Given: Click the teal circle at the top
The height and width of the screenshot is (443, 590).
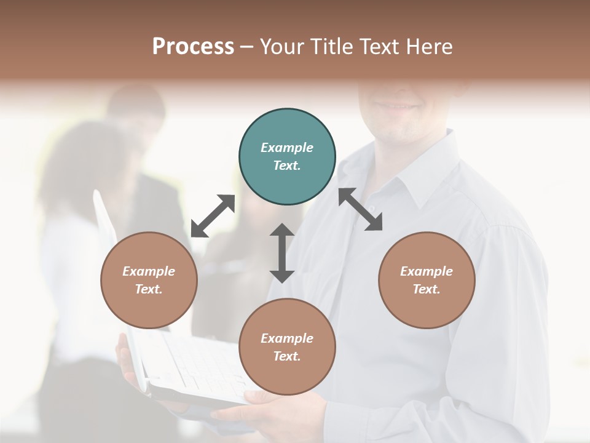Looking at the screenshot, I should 287,157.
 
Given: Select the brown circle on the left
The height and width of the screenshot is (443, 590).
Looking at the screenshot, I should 149,280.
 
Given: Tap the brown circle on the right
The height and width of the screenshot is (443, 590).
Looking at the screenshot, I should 427,280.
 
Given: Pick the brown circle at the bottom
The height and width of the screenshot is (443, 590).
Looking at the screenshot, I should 287,347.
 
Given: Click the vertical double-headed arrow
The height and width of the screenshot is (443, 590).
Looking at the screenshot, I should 282,253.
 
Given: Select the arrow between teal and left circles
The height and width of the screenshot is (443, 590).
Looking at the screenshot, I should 213,216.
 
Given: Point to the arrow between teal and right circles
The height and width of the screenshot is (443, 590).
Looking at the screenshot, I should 360,209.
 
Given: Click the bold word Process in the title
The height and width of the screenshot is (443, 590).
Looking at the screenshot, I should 193,46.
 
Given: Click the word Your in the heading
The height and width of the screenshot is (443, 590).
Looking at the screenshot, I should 281,46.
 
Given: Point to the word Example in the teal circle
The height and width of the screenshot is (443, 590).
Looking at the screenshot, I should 287,148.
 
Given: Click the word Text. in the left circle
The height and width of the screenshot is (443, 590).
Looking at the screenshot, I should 149,289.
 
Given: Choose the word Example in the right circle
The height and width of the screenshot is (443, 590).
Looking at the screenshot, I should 427,271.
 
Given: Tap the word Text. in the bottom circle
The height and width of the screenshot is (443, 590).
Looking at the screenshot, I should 287,356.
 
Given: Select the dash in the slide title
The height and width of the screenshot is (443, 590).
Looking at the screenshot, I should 247,46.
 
